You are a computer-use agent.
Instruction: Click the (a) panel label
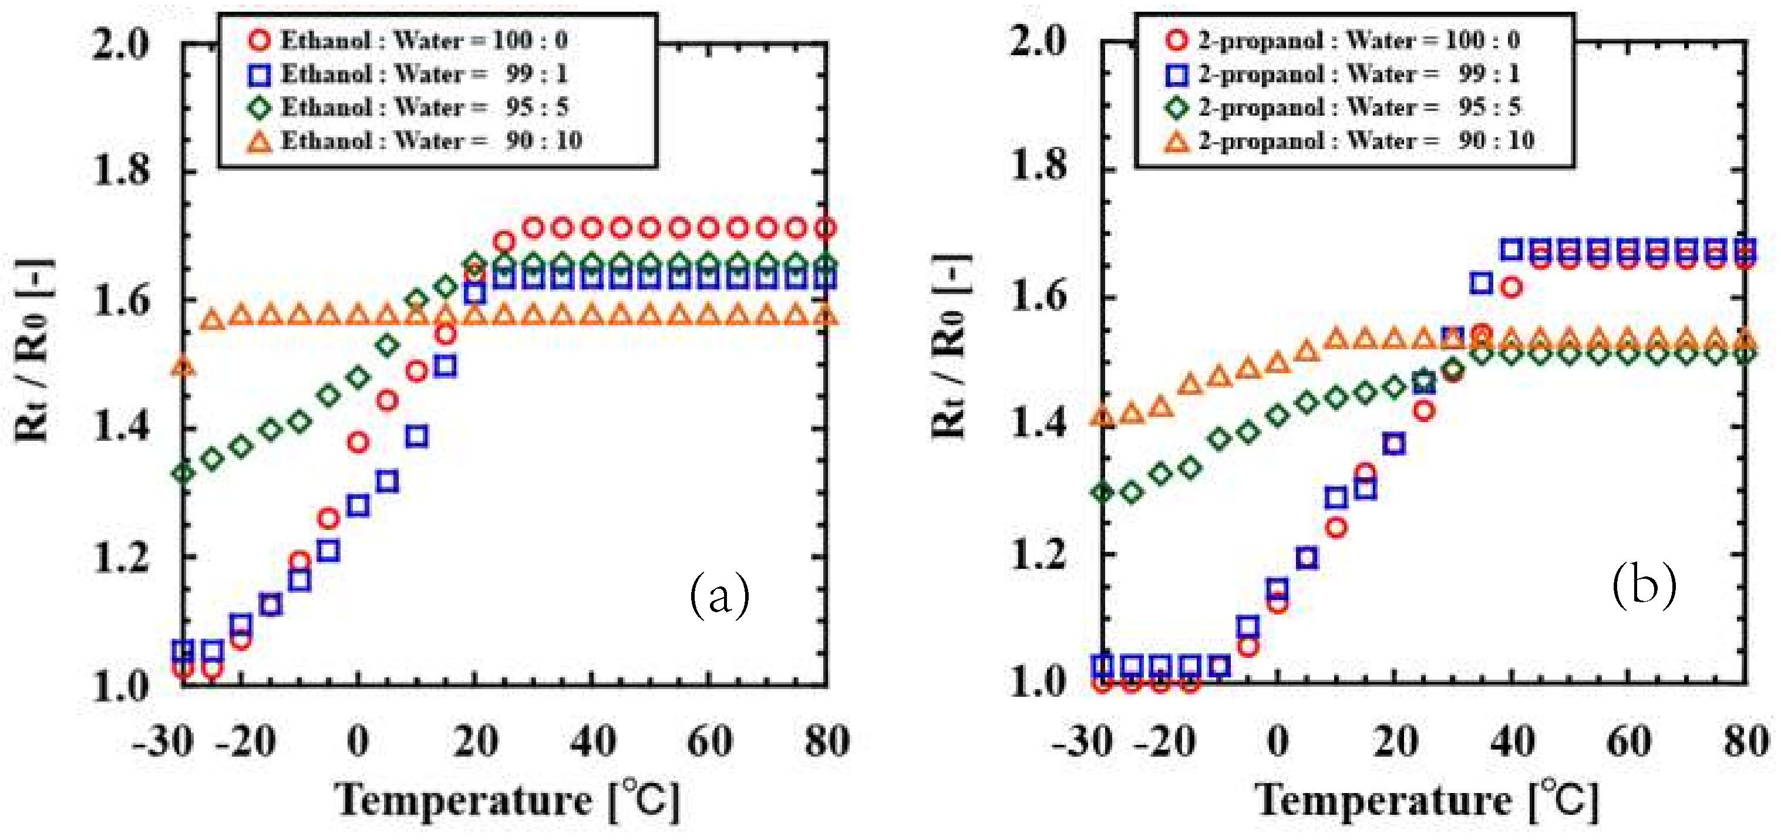pos(719,594)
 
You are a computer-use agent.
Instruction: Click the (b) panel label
pos(1644,585)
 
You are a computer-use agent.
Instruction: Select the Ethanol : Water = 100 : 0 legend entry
pos(408,40)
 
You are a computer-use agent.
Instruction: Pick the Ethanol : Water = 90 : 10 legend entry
pos(415,141)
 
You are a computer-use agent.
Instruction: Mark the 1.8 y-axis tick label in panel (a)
pos(121,170)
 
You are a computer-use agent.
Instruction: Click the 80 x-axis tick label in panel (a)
pos(827,741)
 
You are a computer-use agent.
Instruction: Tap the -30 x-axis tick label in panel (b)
pos(1083,741)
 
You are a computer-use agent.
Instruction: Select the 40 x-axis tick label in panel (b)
pos(1512,741)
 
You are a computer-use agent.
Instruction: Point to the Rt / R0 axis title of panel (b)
pos(950,346)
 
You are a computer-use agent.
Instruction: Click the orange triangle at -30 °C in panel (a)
pos(183,366)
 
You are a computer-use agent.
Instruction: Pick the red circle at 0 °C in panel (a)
pos(358,442)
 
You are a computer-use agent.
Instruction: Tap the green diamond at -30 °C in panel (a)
pos(183,474)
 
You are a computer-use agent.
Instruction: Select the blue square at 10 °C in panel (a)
pos(416,436)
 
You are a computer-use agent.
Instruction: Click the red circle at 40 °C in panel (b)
pos(1511,287)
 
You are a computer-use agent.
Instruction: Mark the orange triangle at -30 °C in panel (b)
pos(1103,416)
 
